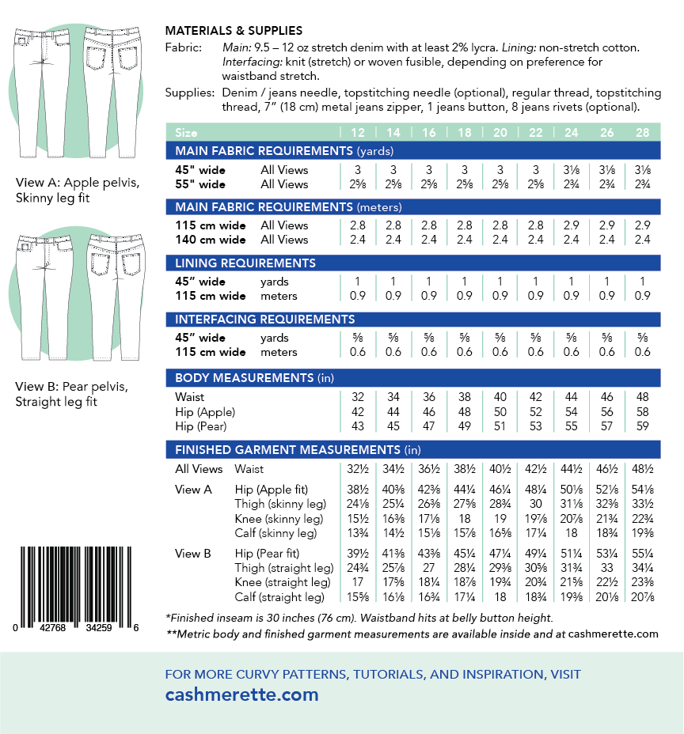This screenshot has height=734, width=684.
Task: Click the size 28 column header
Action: pos(642,132)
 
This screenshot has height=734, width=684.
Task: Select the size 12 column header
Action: pos(357,132)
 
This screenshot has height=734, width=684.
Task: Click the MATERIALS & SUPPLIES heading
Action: pos(234,30)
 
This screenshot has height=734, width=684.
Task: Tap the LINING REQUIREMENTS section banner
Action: pos(245,263)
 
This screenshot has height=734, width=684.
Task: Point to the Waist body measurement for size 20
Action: pos(500,397)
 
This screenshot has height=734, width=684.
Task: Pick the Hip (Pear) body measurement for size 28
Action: pos(642,426)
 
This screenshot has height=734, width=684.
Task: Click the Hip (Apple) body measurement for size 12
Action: pos(357,412)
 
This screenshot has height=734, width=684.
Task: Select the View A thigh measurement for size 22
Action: pos(535,504)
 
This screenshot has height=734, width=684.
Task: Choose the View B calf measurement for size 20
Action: pos(500,598)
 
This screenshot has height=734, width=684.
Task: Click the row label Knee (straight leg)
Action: pos(279,583)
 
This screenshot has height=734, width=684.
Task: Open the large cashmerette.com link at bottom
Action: pos(241,695)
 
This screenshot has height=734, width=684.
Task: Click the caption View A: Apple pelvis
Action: pos(78,183)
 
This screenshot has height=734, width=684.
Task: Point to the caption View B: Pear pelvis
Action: pos(72,387)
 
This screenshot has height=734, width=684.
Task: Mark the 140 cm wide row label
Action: pos(211,240)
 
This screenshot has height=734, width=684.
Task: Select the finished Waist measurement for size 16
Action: pos(428,470)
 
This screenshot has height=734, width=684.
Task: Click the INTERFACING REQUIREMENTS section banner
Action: pos(264,320)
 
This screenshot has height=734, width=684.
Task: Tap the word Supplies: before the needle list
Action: pos(188,93)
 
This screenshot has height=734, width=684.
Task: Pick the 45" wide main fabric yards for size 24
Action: pos(571,170)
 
